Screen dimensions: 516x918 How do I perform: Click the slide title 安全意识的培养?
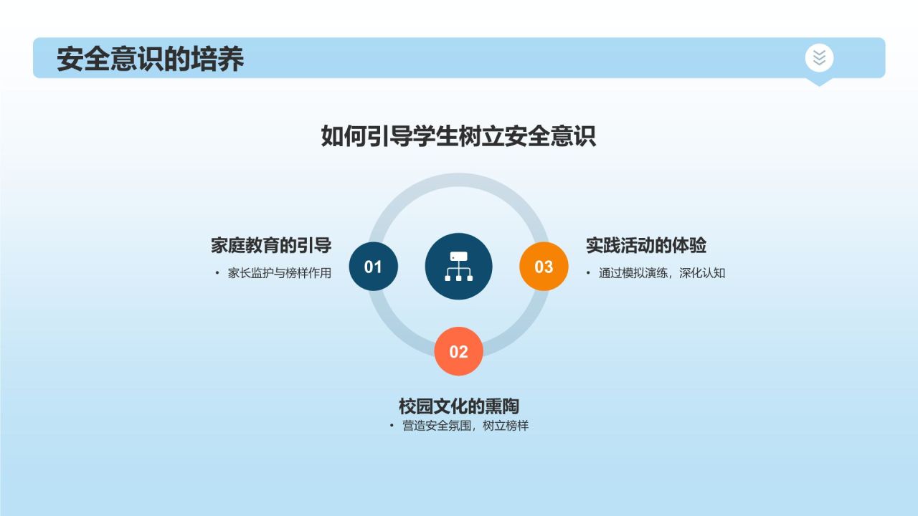click(151, 59)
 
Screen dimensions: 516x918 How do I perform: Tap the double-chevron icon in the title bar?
click(819, 57)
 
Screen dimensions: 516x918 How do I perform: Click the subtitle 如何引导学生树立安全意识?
click(458, 136)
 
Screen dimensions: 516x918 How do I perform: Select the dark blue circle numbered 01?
click(373, 267)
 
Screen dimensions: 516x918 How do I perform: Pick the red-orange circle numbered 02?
click(458, 352)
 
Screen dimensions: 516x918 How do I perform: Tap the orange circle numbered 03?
click(544, 267)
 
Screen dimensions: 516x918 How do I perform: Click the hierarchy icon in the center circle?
click(458, 266)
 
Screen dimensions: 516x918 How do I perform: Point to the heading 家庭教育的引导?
click(271, 245)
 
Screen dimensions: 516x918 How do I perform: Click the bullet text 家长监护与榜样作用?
click(280, 273)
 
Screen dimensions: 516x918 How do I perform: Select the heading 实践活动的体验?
click(646, 245)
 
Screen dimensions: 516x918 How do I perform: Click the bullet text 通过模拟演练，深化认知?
click(662, 273)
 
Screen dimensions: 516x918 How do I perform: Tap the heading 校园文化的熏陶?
click(458, 406)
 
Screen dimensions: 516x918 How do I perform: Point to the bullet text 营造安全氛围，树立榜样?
click(465, 426)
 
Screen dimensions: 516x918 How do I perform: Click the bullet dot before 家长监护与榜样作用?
click(217, 273)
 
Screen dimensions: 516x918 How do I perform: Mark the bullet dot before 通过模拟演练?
click(588, 273)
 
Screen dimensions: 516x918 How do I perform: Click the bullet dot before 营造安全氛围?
click(392, 426)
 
